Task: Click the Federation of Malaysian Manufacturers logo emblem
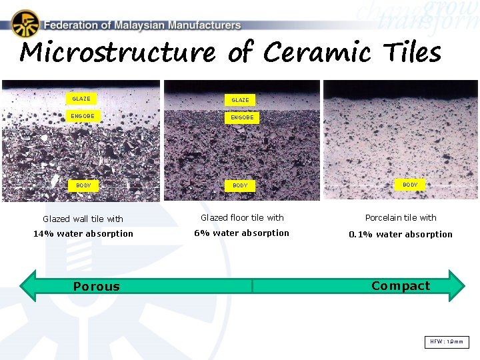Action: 25,24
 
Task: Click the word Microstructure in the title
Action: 117,52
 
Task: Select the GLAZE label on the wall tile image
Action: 81,99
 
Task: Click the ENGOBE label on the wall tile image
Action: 83,116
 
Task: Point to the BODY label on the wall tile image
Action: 83,185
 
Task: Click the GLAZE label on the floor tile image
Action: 240,100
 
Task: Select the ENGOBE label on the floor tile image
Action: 242,117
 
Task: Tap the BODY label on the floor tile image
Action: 240,185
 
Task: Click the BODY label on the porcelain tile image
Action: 410,185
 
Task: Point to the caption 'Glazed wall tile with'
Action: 83,219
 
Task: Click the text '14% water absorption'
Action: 83,233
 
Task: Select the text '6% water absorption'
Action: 241,233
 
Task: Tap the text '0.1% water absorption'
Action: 401,234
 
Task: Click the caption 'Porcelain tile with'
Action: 401,217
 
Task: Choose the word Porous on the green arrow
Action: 97,287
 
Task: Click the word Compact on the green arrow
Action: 401,286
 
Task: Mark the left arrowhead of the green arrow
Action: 30,286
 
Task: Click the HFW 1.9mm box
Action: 447,342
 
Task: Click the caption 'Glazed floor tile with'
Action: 242,217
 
